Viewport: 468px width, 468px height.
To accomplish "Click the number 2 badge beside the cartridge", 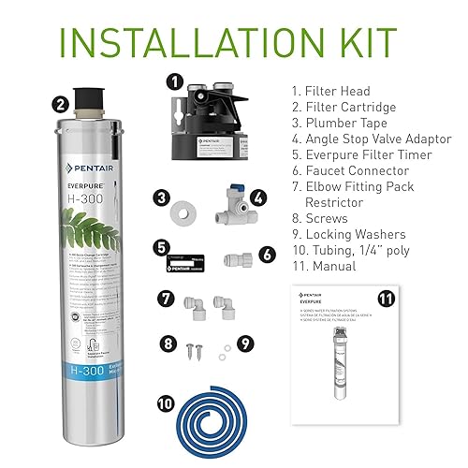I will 60,104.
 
